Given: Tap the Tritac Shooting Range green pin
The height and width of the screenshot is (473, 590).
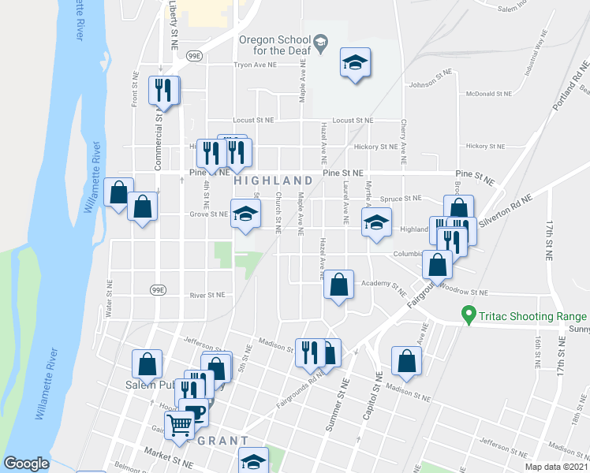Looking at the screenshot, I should (469, 317).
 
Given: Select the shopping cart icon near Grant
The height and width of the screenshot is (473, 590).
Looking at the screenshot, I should (181, 426).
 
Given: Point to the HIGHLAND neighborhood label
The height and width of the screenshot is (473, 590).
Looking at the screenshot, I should (268, 181).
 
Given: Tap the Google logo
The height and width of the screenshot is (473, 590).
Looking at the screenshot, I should (26, 464).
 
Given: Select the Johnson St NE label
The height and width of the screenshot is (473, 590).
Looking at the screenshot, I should (430, 85).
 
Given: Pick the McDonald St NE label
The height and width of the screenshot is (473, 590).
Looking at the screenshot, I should (489, 94).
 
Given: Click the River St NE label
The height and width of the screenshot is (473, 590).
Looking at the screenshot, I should (208, 295).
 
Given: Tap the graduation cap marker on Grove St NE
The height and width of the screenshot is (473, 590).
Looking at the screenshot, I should (245, 213).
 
